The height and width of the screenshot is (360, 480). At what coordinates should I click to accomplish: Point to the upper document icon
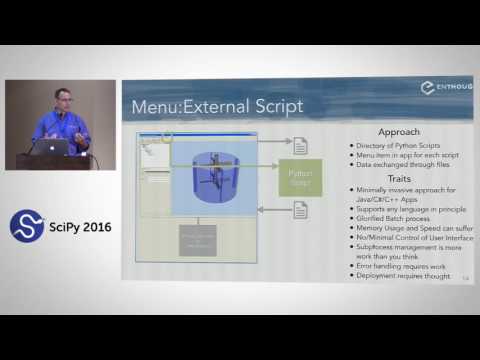point(300,146)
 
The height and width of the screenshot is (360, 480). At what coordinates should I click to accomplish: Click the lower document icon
point(300,210)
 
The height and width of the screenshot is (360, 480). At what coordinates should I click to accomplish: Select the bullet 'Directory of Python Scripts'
point(397,146)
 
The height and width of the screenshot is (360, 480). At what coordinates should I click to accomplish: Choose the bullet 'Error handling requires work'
point(404,265)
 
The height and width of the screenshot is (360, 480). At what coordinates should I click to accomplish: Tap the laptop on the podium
point(54,146)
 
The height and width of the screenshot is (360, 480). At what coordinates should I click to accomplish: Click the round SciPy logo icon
point(26,225)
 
